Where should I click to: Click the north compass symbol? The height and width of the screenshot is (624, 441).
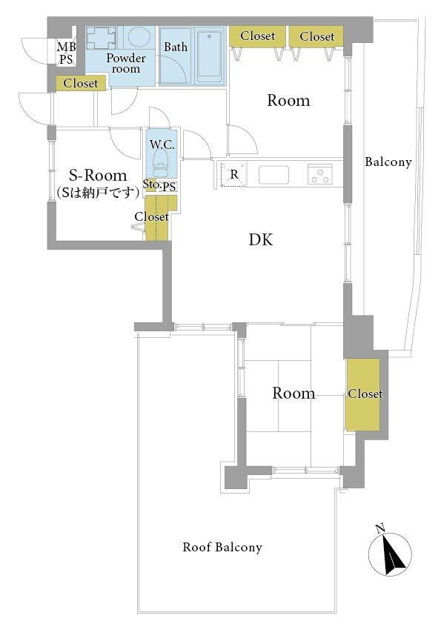(x=390, y=552)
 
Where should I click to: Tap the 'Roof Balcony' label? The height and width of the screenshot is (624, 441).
(x=222, y=547)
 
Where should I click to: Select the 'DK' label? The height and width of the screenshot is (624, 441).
(x=261, y=239)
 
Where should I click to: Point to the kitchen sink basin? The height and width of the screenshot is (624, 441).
(x=273, y=175)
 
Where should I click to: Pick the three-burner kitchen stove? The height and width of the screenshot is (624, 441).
(x=320, y=174)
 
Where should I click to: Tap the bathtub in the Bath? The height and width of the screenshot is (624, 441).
(x=209, y=55)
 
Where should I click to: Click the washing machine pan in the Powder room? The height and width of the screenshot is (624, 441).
(x=101, y=37)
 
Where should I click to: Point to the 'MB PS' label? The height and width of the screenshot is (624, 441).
(x=66, y=53)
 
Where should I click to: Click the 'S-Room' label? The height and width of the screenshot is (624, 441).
(x=98, y=175)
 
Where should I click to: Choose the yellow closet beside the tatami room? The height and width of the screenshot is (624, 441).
(x=363, y=394)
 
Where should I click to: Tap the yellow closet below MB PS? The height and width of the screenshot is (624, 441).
(x=81, y=83)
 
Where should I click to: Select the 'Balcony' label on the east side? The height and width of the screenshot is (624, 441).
(x=388, y=162)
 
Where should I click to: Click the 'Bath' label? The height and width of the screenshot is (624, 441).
(x=176, y=47)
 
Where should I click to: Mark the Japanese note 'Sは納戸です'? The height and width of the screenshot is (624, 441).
(x=98, y=193)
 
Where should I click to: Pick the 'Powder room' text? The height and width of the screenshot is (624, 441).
(x=126, y=63)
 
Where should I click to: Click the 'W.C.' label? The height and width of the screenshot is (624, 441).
(x=162, y=145)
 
